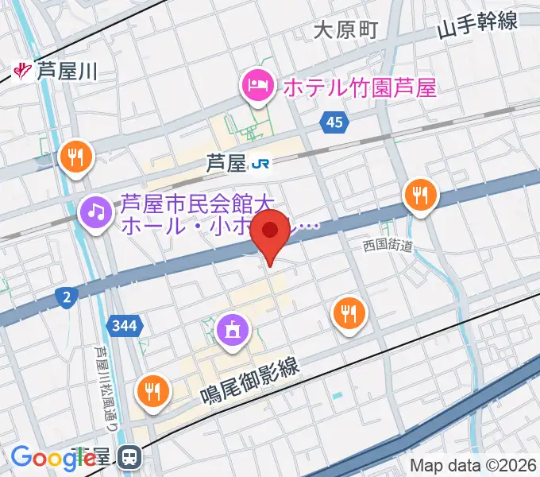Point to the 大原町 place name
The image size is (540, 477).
click(345, 30)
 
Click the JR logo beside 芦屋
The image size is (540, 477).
click(260, 164)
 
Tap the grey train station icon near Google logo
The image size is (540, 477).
click(128, 456)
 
